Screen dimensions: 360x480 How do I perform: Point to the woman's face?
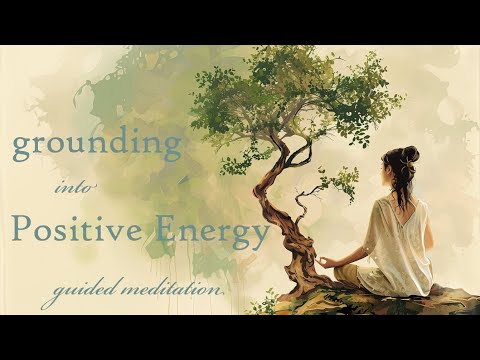tap(385, 175)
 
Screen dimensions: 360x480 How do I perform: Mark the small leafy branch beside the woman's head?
tap(340, 186)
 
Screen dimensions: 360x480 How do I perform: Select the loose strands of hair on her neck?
tap(405, 190)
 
